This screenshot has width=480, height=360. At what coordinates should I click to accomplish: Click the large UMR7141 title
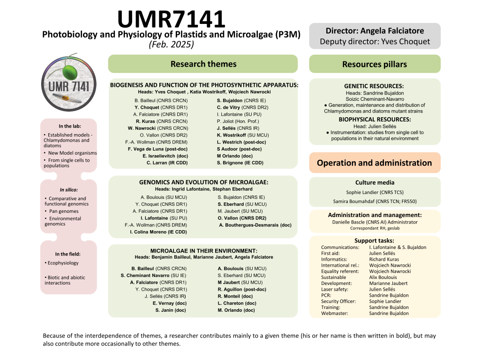172,19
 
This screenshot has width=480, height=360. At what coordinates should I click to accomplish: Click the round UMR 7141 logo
69,82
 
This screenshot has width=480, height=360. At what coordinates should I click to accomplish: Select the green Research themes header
203,64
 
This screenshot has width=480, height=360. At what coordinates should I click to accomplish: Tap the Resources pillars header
375,64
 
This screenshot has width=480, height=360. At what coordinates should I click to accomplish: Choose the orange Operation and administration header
375,163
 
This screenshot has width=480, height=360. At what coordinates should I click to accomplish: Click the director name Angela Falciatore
392,31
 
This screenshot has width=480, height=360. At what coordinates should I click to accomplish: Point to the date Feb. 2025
172,45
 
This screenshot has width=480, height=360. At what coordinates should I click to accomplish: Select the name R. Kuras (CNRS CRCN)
162,121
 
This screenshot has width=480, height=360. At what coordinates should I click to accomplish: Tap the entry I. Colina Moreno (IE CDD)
158,232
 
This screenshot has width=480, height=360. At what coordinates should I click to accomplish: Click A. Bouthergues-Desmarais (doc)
255,225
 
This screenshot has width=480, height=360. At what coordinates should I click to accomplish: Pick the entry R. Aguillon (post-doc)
242,289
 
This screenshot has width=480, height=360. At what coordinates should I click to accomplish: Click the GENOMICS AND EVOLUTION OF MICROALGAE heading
203,182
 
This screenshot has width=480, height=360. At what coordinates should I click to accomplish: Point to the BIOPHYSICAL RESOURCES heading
375,120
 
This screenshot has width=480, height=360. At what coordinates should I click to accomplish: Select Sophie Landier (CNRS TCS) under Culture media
375,192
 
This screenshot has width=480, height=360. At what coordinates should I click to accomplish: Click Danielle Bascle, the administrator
375,222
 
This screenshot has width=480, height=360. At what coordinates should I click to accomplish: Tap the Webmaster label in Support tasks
335,313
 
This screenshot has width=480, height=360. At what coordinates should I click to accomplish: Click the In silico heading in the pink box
68,190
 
